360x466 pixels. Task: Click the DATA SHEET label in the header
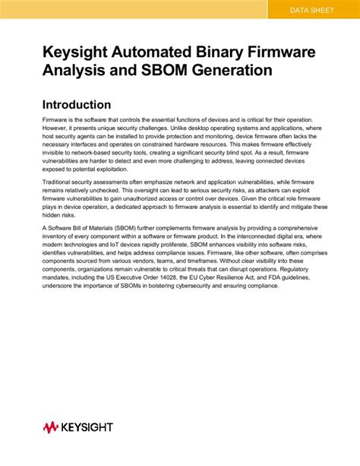(x=313, y=10)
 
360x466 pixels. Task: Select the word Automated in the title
(x=141, y=52)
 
